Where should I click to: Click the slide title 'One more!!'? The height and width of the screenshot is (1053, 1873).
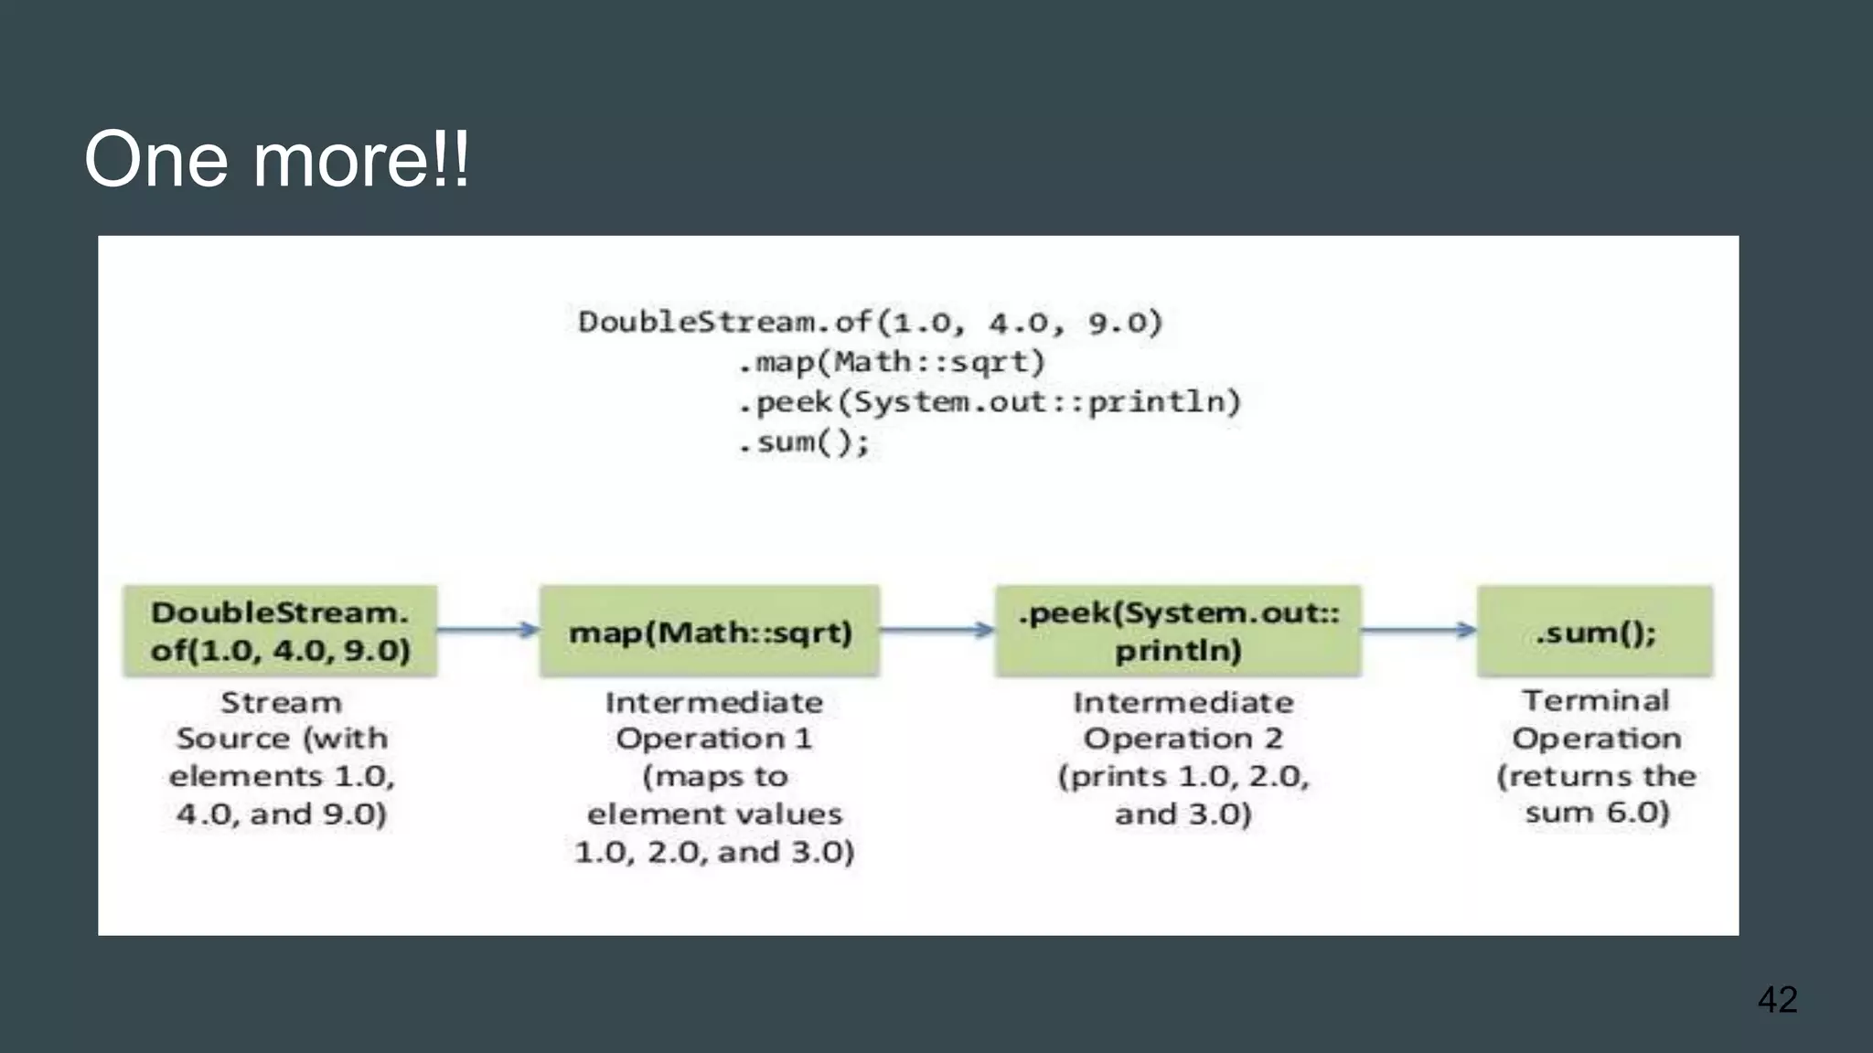point(276,160)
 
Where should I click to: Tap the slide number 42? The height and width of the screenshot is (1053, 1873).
point(1777,999)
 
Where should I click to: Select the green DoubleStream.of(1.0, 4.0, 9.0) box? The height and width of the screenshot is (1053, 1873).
point(280,631)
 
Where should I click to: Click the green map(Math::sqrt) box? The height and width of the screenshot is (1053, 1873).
point(710,632)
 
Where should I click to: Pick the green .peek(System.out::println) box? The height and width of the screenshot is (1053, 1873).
point(1178,631)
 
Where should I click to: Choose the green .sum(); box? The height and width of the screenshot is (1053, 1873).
point(1595,632)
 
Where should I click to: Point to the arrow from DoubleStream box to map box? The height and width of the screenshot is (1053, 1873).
point(488,629)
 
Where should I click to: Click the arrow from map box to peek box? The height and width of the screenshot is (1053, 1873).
point(937,629)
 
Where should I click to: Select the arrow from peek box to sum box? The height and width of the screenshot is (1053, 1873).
point(1418,629)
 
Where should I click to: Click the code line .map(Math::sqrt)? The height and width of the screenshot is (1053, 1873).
point(892,363)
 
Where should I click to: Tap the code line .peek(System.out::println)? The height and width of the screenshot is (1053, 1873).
point(990,402)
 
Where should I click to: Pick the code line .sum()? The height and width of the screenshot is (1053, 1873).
point(805,442)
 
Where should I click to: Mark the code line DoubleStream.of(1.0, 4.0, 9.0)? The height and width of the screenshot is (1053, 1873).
point(870,322)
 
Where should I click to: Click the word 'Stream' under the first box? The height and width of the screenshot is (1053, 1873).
point(281,702)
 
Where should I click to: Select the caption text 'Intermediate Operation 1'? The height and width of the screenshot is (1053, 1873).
point(714,720)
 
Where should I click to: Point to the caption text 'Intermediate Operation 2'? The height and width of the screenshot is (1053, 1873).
point(1183,720)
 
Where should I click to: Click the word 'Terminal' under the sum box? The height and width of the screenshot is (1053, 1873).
point(1595,700)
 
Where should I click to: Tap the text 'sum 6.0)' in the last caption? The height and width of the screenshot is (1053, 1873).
point(1597,812)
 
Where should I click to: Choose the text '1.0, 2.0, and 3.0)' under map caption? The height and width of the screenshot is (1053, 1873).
point(714,852)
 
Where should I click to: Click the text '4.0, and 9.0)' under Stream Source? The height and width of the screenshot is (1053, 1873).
point(282,814)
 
